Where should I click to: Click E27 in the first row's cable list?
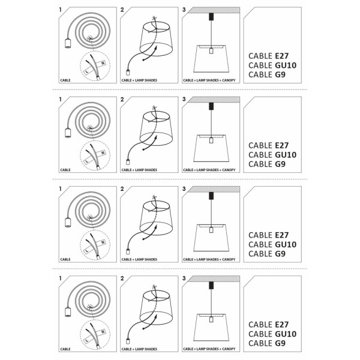(281, 56)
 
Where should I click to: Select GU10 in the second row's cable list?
(286, 155)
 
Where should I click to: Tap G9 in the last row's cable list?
(280, 343)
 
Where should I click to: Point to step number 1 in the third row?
(61, 189)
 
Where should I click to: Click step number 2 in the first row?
(122, 10)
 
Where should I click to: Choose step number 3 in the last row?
(184, 278)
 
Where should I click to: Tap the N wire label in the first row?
(103, 63)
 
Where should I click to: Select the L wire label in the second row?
(87, 161)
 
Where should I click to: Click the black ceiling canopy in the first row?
(211, 17)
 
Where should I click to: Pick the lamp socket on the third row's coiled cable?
(68, 222)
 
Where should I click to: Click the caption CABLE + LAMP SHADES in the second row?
(139, 170)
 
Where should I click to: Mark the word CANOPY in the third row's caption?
(229, 259)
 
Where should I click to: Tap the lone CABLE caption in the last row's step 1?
(65, 349)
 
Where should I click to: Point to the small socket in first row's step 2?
(128, 73)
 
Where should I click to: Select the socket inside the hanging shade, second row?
(211, 140)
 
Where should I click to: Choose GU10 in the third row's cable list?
(286, 244)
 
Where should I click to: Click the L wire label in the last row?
(87, 340)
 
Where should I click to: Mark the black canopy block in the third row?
(211, 196)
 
